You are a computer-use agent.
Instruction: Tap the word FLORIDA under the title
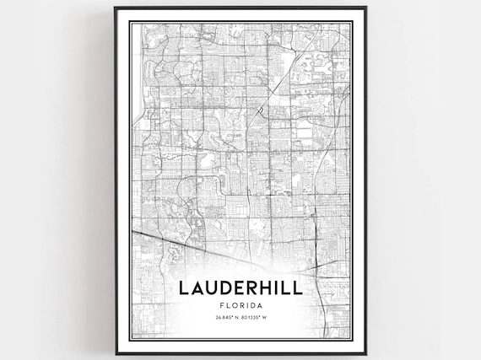tap(240, 306)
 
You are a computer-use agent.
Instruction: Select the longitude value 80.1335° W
tap(260, 319)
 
